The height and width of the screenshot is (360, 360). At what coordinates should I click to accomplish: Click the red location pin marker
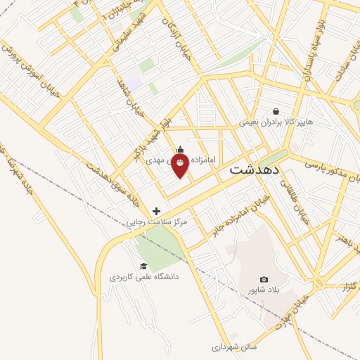coord(180,163)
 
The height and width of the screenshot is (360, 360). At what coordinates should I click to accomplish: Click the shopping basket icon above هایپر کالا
coord(276,111)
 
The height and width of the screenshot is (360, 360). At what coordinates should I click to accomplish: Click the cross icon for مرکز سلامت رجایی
coord(156,211)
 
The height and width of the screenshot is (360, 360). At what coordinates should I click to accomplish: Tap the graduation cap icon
coord(143,266)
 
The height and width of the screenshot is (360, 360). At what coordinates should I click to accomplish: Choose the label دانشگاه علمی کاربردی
coord(143,277)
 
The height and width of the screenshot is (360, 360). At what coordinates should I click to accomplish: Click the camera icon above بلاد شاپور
coord(264,280)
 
